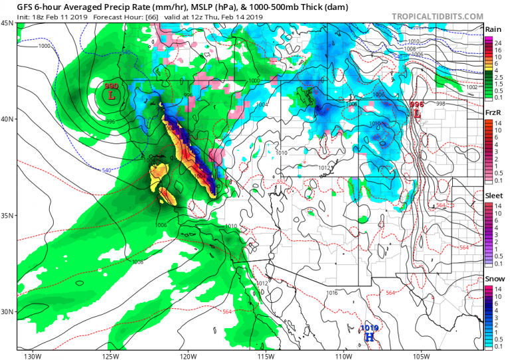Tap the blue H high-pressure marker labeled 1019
pos(369,337)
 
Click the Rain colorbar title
pos(493,29)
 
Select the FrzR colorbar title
pos(493,113)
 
